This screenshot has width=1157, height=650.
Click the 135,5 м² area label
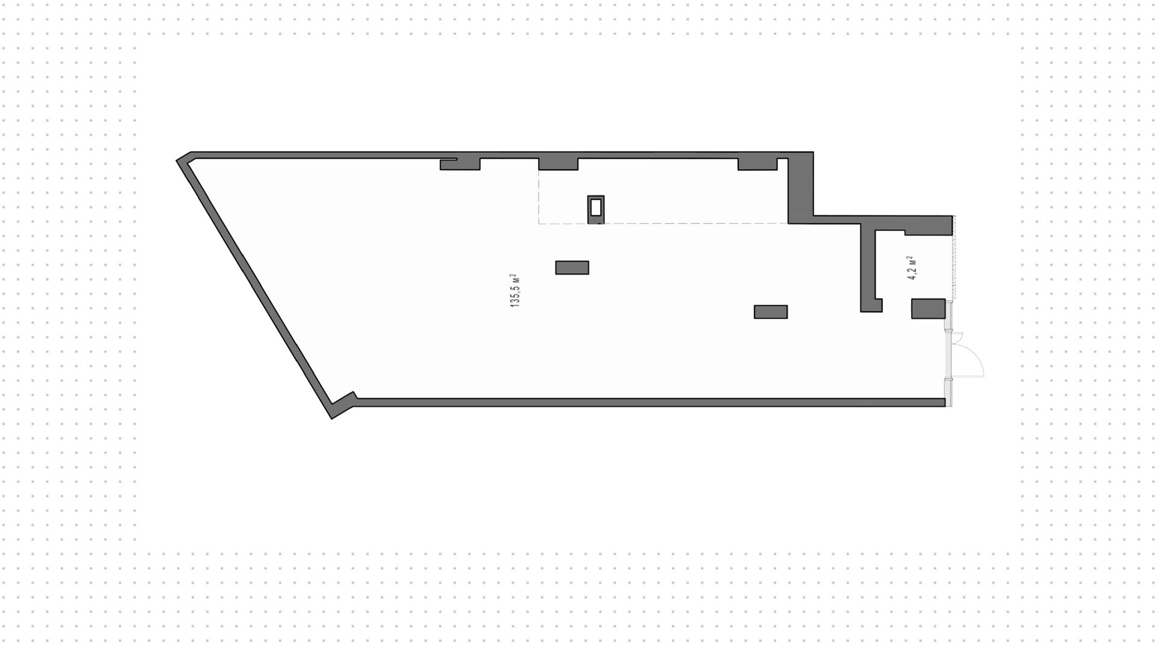(515, 291)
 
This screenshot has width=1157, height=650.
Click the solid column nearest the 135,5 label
(572, 267)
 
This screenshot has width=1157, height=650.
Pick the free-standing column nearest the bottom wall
(771, 312)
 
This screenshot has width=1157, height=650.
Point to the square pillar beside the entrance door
(928, 308)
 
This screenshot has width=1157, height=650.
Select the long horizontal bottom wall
(650, 402)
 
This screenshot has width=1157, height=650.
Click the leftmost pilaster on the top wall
(460, 164)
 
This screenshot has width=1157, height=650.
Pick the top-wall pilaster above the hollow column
(558, 164)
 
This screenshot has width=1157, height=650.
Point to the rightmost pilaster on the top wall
(758, 164)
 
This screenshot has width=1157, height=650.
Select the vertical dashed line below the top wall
(539, 197)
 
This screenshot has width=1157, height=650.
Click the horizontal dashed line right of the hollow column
(696, 224)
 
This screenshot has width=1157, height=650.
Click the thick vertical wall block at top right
(801, 188)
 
